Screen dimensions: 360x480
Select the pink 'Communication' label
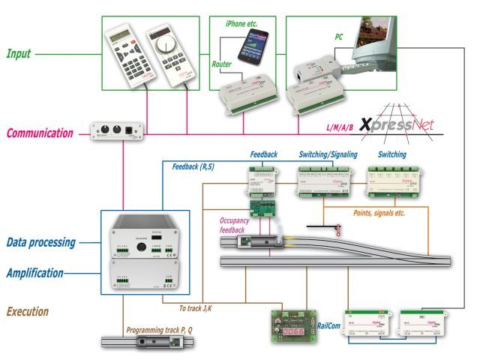click(39, 134)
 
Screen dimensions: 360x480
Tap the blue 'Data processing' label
click(42, 243)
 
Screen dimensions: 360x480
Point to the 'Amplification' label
click(34, 273)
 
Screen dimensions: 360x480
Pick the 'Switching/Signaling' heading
click(328, 154)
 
